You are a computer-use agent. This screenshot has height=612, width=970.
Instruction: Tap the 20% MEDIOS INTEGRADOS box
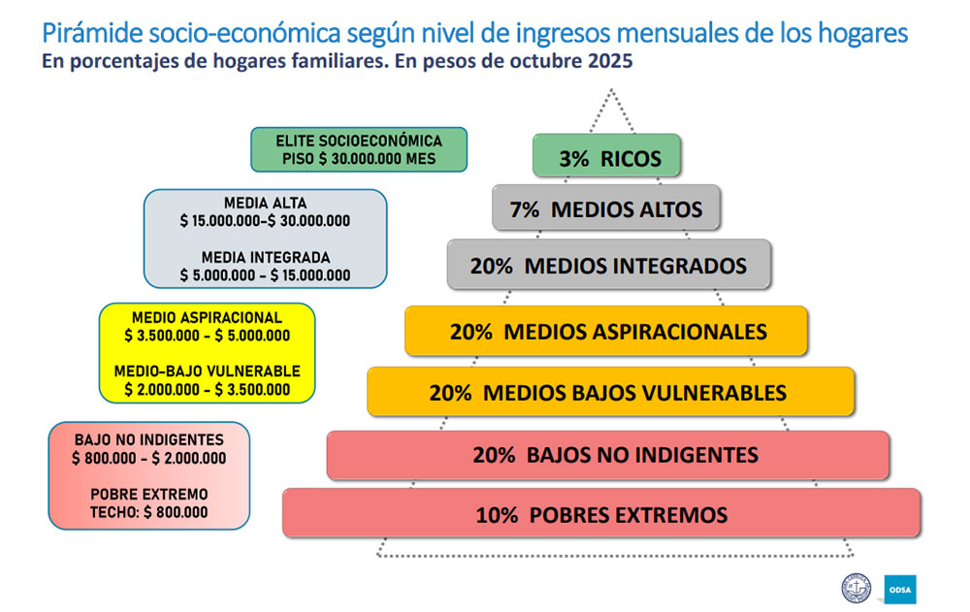pos(609,265)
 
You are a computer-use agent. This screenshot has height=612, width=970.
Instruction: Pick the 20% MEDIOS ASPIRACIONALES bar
pos(607,331)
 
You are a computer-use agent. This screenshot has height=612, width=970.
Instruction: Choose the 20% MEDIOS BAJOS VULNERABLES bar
pos(609,392)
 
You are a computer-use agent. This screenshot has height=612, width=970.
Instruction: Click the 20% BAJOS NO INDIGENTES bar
pos(609,454)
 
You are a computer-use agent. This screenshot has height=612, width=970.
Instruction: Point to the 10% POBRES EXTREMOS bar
pos(601,513)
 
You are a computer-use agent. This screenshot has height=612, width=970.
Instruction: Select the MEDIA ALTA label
pos(265,204)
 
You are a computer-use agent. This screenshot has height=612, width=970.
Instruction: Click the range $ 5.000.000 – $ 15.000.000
pos(265,274)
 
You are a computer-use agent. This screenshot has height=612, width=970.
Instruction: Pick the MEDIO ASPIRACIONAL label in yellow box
pos(207,318)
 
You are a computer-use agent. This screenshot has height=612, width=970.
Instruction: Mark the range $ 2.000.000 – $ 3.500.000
pos(207,389)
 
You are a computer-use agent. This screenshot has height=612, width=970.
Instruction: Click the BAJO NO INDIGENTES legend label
pos(148,440)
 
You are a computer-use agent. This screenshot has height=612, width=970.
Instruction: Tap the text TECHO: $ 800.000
pos(148,511)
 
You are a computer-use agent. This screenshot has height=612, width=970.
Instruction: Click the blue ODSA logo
pos(900,589)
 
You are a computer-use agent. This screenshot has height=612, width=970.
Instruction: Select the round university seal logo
pos(857,588)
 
